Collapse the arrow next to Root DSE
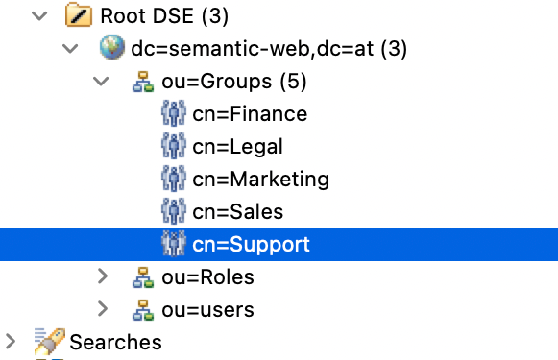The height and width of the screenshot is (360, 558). (x=40, y=16)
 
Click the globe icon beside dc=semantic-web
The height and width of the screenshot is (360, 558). (x=111, y=49)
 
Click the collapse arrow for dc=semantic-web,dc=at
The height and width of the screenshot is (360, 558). (x=70, y=49)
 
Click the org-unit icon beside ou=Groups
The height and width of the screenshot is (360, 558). (x=143, y=83)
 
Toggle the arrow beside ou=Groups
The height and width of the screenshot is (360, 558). (x=103, y=82)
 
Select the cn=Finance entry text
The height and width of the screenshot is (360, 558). (x=250, y=114)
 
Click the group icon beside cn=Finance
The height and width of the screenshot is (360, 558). (x=173, y=114)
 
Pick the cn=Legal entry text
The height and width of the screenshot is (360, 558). (x=237, y=147)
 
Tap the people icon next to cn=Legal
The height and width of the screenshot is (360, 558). (x=173, y=147)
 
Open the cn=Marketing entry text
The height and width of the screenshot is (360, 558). (x=260, y=180)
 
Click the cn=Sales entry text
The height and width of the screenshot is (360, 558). (x=237, y=211)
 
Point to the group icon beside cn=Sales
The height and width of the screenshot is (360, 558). (x=173, y=211)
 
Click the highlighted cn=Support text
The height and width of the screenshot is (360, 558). (x=251, y=244)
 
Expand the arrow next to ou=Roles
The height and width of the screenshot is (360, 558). (x=103, y=276)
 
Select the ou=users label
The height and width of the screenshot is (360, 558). (x=208, y=309)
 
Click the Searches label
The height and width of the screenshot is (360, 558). (x=115, y=342)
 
